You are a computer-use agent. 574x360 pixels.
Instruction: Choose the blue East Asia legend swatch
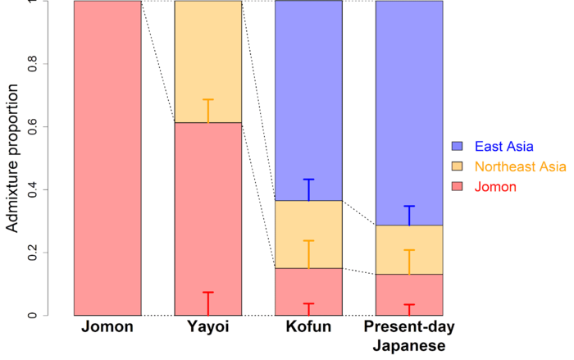click(458, 147)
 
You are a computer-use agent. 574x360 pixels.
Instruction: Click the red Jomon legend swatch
click(458, 187)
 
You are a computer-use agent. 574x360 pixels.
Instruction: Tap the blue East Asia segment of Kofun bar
click(308, 98)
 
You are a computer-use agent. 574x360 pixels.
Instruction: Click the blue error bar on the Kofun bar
click(308, 189)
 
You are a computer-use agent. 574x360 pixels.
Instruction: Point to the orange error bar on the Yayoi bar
click(208, 111)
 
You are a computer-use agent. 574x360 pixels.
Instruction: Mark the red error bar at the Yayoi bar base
click(208, 303)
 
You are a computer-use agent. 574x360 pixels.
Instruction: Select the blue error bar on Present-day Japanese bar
click(409, 215)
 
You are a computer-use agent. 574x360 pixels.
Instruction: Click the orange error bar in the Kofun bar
click(308, 254)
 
